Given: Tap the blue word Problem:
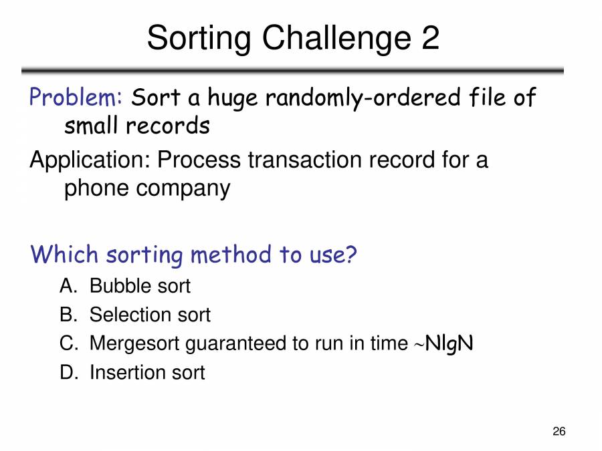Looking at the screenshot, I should click(x=74, y=98).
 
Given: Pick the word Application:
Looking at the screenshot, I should click(x=90, y=161).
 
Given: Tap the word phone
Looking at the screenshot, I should click(x=96, y=188).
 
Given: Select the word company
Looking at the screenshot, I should click(x=183, y=189).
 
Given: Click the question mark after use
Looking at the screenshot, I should click(x=349, y=255).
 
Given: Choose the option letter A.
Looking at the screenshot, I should click(x=66, y=286).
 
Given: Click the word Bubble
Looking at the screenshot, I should click(x=122, y=286).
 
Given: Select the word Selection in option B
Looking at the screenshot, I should click(x=131, y=315).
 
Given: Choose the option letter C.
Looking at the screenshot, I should click(x=66, y=343).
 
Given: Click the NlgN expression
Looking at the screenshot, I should click(x=449, y=344).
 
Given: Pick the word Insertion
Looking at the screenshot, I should click(x=128, y=372).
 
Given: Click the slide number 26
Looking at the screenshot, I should click(x=559, y=432).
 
